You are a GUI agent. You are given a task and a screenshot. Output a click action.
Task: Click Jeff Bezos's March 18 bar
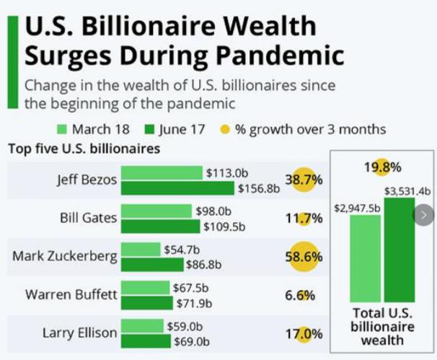pos(162,173)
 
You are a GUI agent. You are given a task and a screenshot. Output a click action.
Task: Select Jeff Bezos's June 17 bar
pos(177,188)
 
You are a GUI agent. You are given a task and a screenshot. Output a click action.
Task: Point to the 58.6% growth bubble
pos(305,257)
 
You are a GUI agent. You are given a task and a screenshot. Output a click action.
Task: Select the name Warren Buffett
pos(71,294)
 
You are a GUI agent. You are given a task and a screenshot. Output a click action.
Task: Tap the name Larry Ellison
pos(79,333)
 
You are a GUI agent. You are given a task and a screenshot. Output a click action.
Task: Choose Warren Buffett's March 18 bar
pos(144,287)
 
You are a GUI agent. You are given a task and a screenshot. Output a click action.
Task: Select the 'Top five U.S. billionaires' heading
pos(84,149)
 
